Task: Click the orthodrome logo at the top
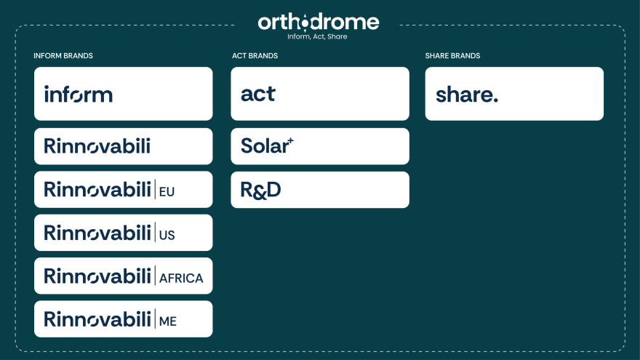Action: click(x=319, y=22)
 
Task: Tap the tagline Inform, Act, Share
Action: click(x=317, y=36)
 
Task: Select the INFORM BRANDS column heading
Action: click(x=63, y=56)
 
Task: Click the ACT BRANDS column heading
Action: click(x=255, y=56)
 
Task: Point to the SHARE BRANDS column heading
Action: click(x=452, y=56)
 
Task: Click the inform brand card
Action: click(x=123, y=94)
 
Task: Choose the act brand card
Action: click(x=319, y=94)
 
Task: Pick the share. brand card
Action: click(x=513, y=94)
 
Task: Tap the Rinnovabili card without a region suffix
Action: click(x=123, y=146)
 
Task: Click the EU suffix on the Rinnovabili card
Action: click(x=167, y=192)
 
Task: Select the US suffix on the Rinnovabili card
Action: click(x=167, y=235)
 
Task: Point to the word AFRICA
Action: click(x=181, y=278)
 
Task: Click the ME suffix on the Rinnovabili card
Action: click(x=168, y=321)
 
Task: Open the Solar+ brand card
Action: click(x=319, y=146)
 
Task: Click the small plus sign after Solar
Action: click(x=291, y=140)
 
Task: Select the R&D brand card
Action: click(x=319, y=190)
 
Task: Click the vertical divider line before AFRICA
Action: click(x=155, y=276)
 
